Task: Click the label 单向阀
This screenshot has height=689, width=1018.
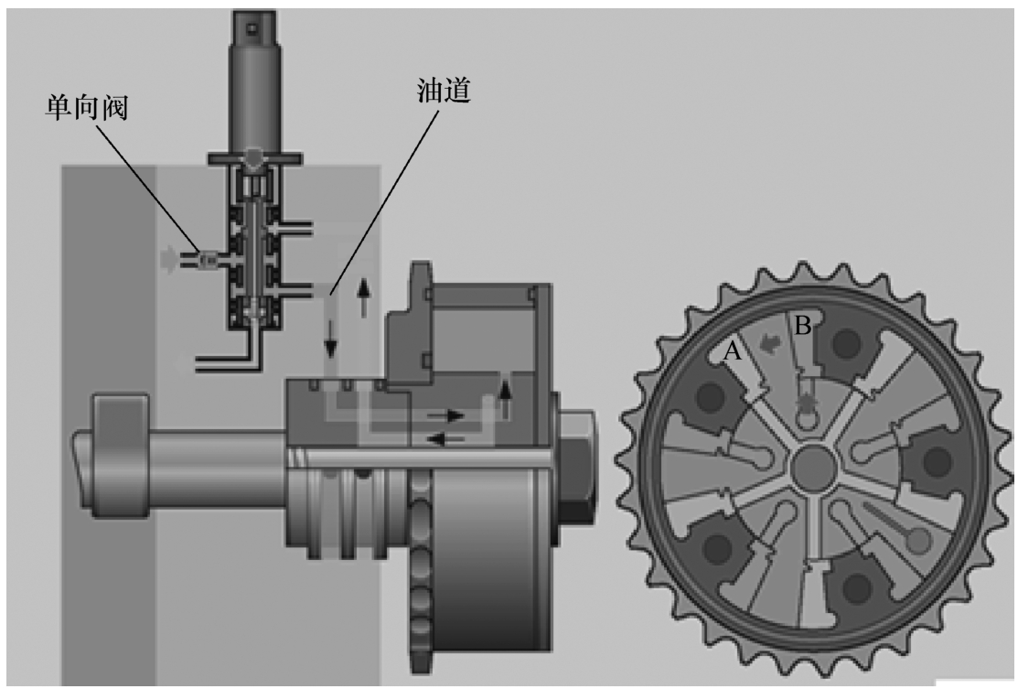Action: click(86, 107)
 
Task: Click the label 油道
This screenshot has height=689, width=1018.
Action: click(444, 91)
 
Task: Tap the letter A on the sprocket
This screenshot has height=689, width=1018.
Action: click(733, 350)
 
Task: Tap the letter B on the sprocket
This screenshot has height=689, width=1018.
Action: click(803, 326)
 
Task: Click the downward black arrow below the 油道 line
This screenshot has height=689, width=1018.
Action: click(331, 339)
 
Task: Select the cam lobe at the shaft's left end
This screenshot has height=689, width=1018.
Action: click(120, 456)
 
